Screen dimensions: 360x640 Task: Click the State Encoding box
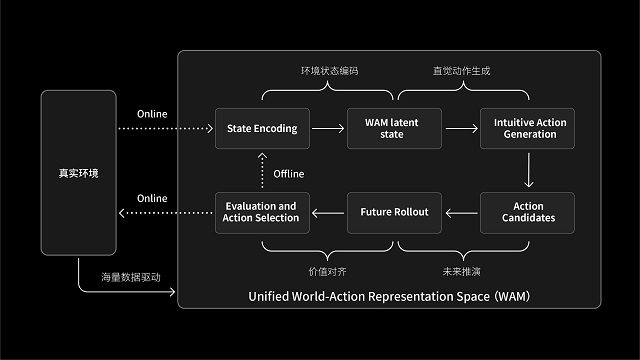pyautogui.click(x=263, y=128)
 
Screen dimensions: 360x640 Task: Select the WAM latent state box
pyautogui.click(x=395, y=128)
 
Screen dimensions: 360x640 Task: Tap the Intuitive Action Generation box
pyautogui.click(x=528, y=128)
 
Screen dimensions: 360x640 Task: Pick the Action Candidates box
pyautogui.click(x=528, y=212)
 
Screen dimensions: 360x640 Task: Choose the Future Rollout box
pyautogui.click(x=395, y=212)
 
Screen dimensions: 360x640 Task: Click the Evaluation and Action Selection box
pyautogui.click(x=263, y=212)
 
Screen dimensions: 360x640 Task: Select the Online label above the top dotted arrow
pyautogui.click(x=152, y=113)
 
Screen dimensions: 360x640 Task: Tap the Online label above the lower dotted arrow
pyautogui.click(x=152, y=198)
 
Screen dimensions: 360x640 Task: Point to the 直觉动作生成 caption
pyautogui.click(x=461, y=72)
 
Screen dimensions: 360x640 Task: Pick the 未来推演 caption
pyautogui.click(x=461, y=270)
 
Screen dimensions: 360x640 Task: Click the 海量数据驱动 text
pyautogui.click(x=130, y=276)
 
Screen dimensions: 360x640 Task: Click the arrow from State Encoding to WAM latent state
pyautogui.click(x=328, y=128)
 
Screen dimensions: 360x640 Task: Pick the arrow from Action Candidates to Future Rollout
pyautogui.click(x=461, y=212)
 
